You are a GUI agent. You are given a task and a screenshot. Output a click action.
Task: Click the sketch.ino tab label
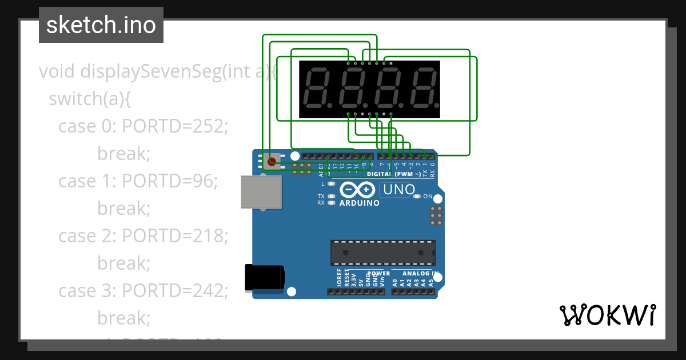101,25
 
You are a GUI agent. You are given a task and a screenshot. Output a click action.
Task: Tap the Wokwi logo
607,315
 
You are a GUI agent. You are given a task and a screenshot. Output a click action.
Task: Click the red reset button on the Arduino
272,162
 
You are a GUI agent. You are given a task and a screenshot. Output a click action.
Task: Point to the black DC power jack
264,278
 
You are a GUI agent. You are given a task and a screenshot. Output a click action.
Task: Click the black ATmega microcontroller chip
382,253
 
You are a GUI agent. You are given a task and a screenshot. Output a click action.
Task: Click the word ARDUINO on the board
359,203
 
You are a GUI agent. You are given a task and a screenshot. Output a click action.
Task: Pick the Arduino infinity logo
357,190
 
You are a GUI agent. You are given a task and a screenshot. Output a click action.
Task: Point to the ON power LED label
428,197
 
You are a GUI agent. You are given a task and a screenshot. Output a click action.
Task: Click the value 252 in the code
210,126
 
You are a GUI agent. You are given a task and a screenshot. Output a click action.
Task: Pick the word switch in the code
75,99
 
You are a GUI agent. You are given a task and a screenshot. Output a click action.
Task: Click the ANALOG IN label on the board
417,274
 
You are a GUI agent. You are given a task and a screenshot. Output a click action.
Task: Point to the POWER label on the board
378,274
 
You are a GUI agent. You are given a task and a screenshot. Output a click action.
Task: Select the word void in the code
57,71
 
